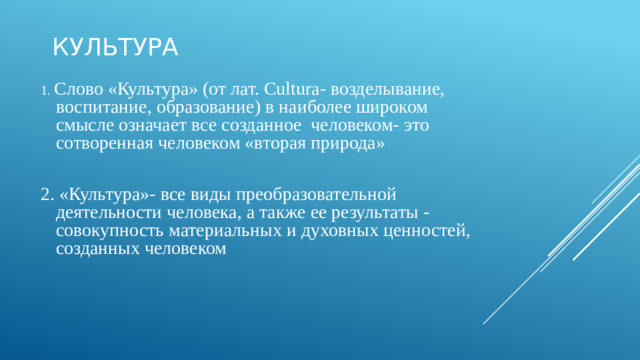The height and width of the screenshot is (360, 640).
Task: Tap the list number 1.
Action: click(x=45, y=90)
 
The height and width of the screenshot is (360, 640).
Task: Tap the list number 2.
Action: click(x=47, y=194)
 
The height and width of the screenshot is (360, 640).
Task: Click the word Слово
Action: click(x=76, y=89)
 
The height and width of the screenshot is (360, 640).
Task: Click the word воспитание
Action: click(x=102, y=107)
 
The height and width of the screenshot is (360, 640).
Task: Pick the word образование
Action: click(x=208, y=107)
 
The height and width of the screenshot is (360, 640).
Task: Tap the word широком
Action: click(x=394, y=107)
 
